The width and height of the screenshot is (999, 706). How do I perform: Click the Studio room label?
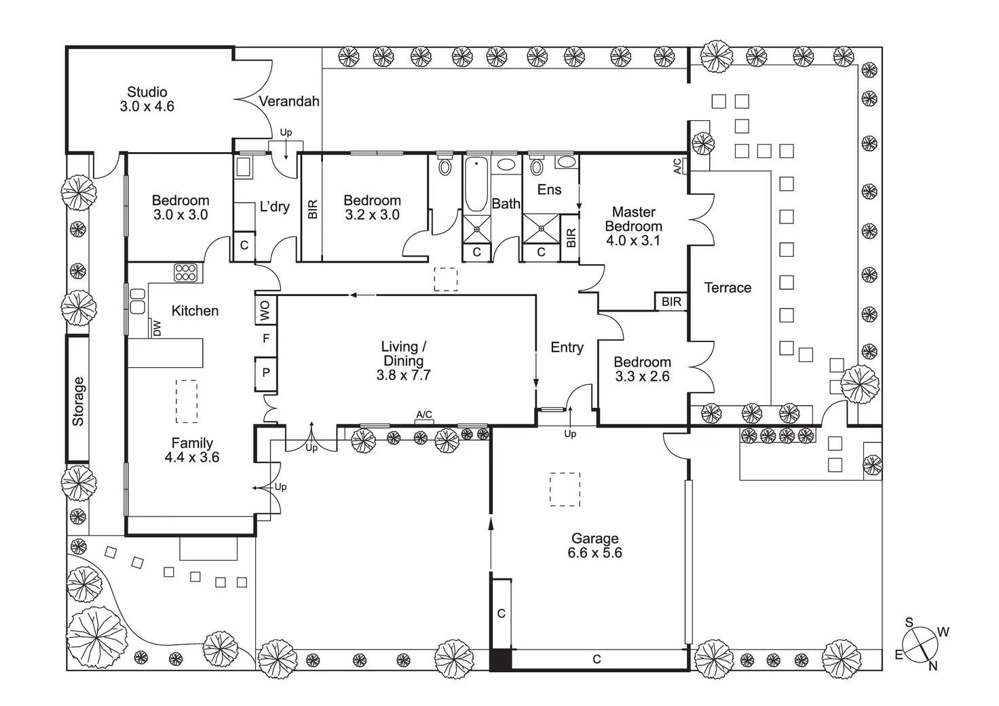click(x=147, y=92)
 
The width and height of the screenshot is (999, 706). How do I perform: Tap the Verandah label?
click(x=289, y=102)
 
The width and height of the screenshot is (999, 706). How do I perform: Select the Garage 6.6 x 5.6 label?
click(x=595, y=545)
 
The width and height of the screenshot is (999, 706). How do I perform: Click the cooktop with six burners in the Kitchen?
click(x=185, y=272)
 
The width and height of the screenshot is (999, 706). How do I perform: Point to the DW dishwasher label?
click(x=157, y=329)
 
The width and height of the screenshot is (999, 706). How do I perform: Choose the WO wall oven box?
click(x=266, y=310)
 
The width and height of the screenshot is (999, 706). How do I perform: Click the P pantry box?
click(x=266, y=373)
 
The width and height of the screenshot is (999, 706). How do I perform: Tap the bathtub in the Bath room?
click(x=476, y=185)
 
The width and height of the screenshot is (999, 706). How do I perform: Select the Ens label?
click(x=549, y=189)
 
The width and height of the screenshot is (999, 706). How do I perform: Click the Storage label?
click(x=78, y=401)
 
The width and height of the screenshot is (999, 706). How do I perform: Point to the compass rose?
click(x=919, y=644)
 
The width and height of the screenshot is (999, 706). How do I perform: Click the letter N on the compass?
click(x=933, y=667)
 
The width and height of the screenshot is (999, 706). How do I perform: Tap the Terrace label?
click(x=728, y=288)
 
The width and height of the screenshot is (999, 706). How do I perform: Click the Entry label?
click(x=567, y=348)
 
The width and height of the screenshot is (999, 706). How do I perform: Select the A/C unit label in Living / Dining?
click(x=424, y=415)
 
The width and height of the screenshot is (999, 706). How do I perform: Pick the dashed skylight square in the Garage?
click(x=565, y=489)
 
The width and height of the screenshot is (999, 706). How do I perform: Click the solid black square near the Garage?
click(x=500, y=659)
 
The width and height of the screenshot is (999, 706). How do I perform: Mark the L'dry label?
click(x=275, y=206)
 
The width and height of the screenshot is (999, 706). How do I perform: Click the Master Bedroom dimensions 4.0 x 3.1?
click(x=633, y=240)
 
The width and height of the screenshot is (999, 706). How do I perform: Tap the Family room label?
click(x=192, y=443)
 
